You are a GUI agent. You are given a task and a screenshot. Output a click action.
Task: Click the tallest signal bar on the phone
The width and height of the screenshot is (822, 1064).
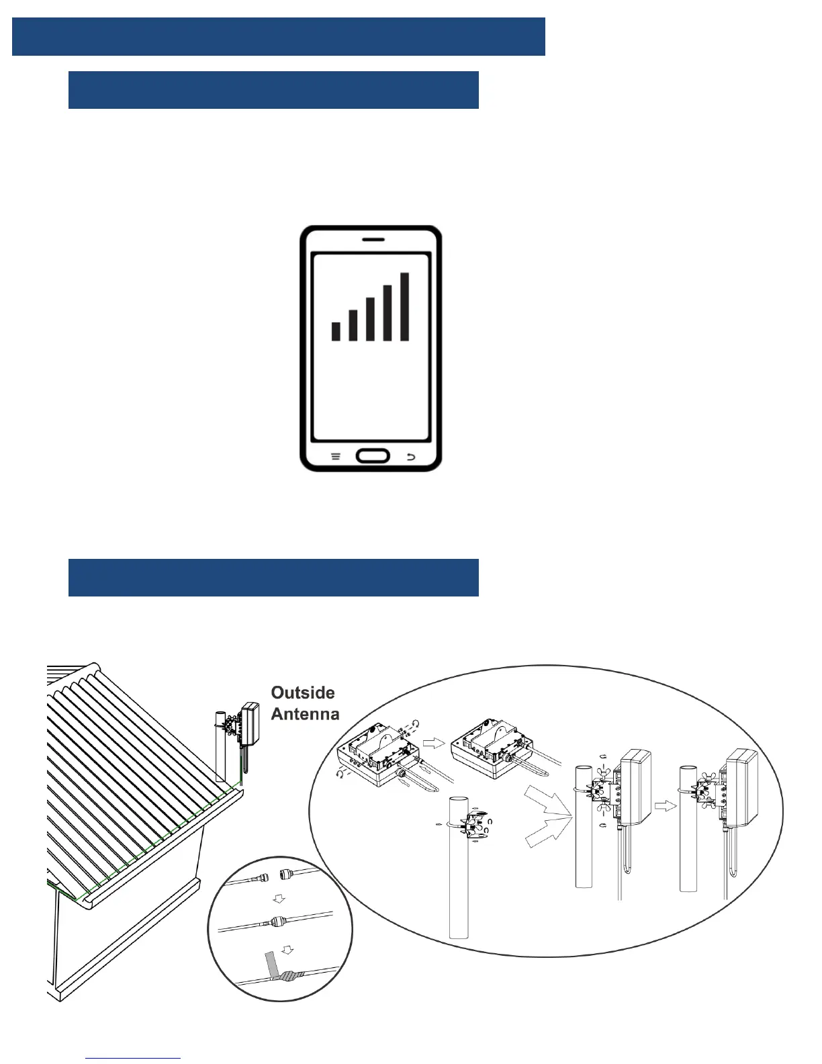[404, 306]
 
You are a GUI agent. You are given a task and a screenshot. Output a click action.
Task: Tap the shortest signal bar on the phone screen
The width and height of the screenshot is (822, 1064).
[336, 331]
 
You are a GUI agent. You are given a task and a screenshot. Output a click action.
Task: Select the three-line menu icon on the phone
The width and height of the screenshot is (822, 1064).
[336, 457]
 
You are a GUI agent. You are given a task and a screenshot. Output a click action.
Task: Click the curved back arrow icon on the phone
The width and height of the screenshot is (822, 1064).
[411, 457]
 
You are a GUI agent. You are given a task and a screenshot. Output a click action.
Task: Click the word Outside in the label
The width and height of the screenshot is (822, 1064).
[303, 693]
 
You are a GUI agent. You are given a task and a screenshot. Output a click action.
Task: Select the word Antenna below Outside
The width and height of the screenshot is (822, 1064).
[305, 714]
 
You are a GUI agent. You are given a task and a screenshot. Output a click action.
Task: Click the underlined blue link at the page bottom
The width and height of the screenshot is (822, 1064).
[133, 1058]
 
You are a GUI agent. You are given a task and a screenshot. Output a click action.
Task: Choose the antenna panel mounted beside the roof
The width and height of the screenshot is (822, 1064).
[250, 722]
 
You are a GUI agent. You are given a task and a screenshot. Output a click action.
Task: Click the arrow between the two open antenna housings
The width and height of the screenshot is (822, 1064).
[437, 742]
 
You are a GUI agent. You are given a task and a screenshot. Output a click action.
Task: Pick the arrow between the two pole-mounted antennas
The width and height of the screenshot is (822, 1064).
[665, 805]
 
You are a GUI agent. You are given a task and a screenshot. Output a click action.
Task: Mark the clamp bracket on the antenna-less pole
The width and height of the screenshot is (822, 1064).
[473, 825]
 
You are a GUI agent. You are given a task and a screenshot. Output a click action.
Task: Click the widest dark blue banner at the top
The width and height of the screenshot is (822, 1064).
[278, 36]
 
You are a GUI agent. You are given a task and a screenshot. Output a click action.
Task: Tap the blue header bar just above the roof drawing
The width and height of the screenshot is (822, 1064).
[273, 577]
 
